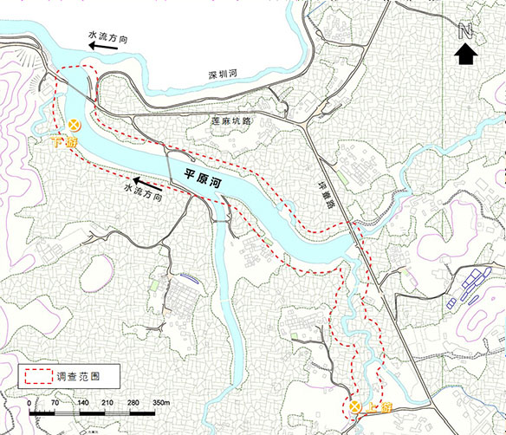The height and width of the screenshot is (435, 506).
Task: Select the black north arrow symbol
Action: pyautogui.click(x=465, y=54)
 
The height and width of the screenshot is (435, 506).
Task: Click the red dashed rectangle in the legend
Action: pyautogui.click(x=36, y=377)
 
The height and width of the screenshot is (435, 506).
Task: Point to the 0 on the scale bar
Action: pyautogui.click(x=29, y=404)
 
